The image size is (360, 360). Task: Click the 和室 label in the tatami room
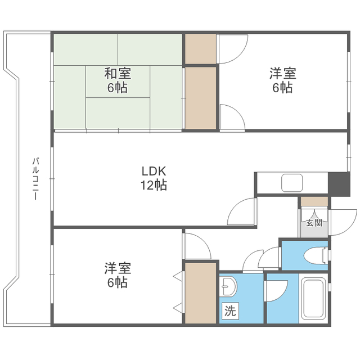(118, 73)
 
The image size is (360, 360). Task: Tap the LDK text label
(153, 171)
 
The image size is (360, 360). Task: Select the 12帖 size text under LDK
(153, 185)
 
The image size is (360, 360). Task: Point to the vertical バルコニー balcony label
(35, 179)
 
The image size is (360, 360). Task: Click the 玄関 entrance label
(314, 223)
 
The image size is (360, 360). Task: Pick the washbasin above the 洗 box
(228, 289)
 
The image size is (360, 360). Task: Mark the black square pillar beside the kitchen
(339, 184)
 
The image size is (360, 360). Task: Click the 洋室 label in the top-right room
(282, 73)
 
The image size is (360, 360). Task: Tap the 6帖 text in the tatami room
(118, 88)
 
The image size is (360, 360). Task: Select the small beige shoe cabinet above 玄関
(314, 201)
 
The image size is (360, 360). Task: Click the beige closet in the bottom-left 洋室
(201, 292)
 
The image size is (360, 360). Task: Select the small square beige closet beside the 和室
(201, 49)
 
